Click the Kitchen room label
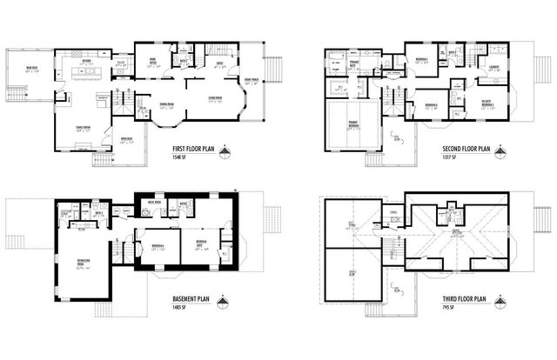pyautogui.click(x=84, y=62)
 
